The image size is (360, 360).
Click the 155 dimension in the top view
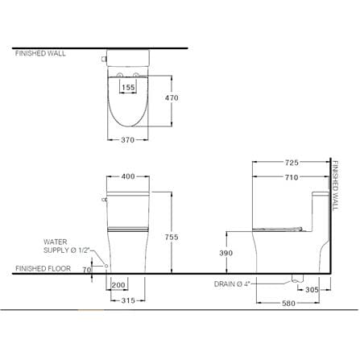[128, 87]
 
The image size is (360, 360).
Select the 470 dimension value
[172, 97]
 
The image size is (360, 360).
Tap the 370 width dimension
[127, 140]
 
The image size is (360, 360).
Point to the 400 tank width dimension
[128, 176]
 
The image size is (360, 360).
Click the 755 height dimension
[172, 237]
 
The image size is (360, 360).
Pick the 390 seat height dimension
[226, 253]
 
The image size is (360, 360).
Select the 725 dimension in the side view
[292, 163]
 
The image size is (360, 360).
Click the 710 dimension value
[292, 177]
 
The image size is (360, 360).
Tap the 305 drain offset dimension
[312, 290]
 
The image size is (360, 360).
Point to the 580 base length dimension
[288, 303]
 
